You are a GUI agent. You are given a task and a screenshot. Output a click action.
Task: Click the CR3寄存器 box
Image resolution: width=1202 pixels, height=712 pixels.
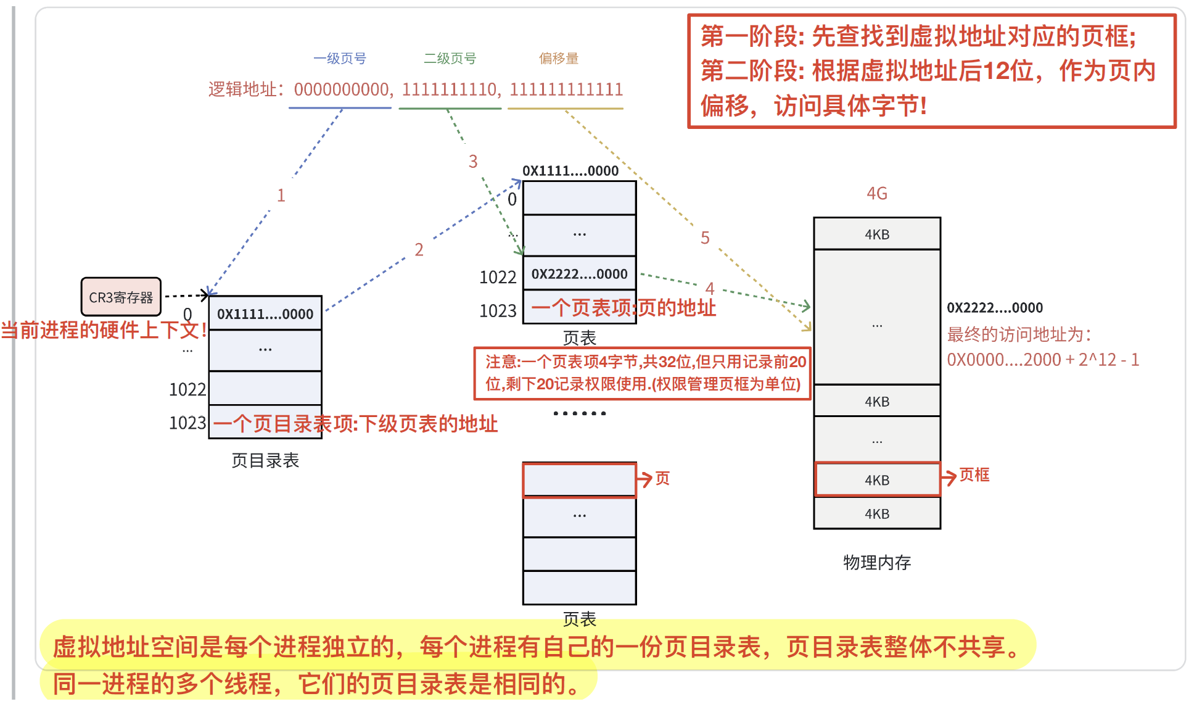(121, 297)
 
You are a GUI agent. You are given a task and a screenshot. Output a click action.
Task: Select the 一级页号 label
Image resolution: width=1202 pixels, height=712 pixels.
(340, 59)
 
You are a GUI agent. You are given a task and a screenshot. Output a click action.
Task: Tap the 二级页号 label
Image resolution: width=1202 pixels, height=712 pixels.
(450, 59)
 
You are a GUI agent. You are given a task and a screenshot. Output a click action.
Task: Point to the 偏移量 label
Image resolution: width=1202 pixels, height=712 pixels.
(559, 59)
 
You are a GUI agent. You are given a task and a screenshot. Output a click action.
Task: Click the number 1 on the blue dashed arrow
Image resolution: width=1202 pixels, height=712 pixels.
(281, 196)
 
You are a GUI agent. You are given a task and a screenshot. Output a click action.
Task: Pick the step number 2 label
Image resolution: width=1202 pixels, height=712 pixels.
(419, 250)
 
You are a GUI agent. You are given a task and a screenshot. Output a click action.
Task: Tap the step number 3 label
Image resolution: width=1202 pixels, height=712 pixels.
(473, 162)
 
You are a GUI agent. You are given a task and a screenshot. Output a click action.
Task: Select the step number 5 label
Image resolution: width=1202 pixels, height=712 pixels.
(705, 238)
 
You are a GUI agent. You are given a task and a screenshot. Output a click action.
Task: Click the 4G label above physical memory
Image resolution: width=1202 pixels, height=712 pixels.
(876, 194)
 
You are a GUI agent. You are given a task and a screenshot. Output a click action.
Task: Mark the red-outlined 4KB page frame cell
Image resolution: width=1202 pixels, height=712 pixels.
(877, 480)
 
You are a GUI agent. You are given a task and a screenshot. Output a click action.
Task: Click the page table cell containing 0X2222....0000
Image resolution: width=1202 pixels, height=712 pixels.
(579, 274)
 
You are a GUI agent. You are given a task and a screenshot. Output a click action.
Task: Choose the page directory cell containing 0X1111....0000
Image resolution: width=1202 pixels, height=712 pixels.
(265, 313)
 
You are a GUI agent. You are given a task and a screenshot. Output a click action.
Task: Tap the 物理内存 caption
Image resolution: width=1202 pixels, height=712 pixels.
(877, 562)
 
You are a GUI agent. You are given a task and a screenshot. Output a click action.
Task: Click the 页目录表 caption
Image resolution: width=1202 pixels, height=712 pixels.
(265, 460)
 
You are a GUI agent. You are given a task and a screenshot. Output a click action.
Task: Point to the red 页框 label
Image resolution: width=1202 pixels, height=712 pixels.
(974, 475)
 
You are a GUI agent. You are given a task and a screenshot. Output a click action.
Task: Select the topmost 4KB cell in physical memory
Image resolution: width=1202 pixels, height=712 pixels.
(877, 234)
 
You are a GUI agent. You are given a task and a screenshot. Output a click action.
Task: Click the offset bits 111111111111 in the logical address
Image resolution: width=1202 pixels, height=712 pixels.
(566, 90)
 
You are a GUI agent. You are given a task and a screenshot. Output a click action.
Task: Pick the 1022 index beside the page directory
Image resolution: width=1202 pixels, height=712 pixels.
(187, 390)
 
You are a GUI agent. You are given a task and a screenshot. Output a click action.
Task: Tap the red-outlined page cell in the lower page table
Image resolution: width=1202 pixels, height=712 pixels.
(579, 479)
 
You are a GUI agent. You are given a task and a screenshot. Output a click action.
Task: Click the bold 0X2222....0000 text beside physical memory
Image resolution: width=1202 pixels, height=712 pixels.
(995, 308)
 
